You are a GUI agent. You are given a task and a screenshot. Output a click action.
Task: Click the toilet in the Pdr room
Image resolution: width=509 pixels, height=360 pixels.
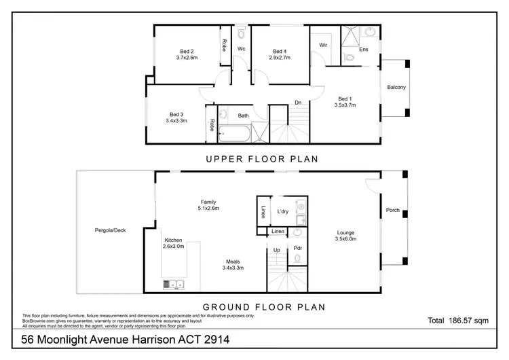coord(297,259)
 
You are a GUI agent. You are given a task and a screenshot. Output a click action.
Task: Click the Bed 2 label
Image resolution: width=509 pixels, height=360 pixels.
coord(187,52)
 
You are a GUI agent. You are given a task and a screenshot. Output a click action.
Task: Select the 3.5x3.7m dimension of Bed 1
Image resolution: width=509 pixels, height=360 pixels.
coord(345,105)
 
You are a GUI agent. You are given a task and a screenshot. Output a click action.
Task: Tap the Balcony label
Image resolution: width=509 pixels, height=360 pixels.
coord(396,87)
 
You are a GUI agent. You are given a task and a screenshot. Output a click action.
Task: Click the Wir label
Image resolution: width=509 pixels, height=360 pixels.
coord(323,45)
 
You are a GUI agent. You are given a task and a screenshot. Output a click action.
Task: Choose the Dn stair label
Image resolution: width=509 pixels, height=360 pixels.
coord(297,103)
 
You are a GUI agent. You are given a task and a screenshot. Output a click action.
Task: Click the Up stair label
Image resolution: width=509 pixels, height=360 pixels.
coord(276,249)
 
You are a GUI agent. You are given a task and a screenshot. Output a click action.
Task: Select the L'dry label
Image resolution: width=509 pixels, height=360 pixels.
coord(284,212)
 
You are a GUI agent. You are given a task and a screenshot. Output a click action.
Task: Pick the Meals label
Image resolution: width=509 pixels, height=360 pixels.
coord(233,261)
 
